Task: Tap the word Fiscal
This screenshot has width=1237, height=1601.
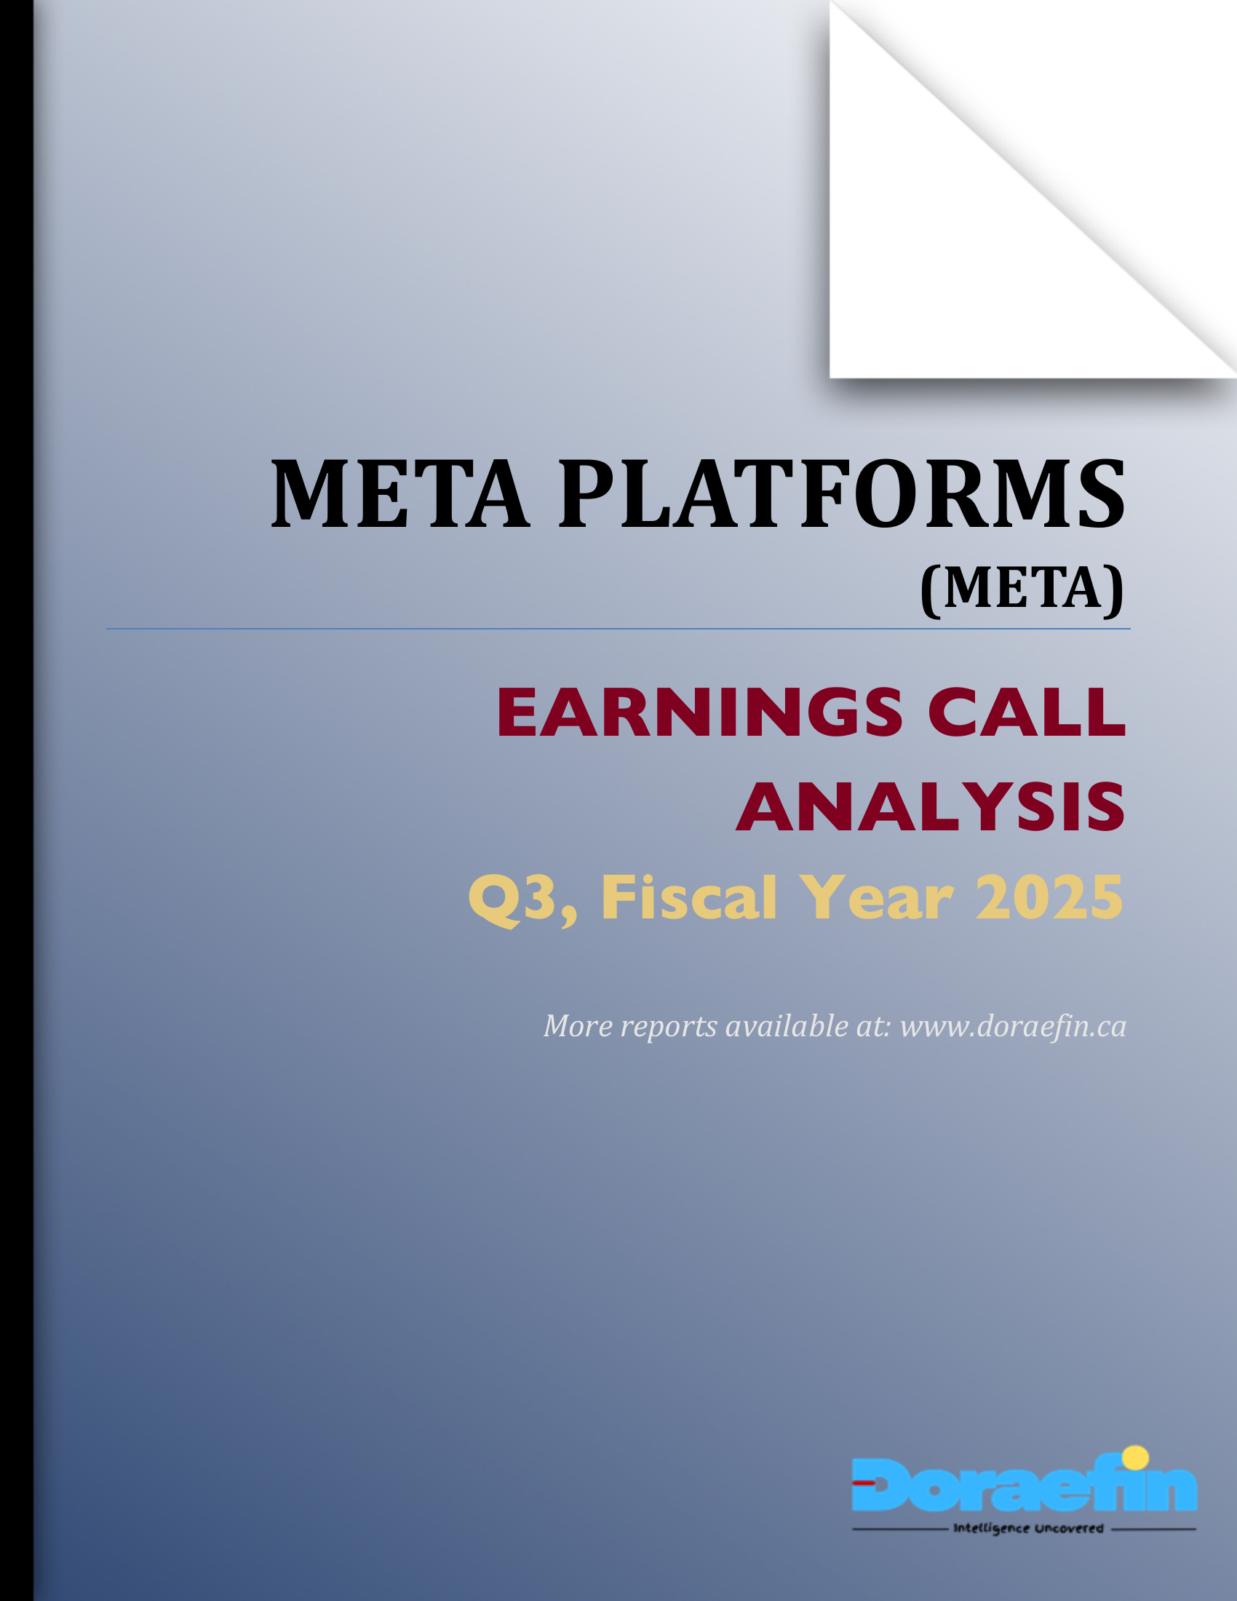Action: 689,897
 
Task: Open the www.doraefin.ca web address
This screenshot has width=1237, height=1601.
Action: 1013,1027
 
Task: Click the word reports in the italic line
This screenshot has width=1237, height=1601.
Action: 668,1027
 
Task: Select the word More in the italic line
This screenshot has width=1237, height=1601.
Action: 578,1027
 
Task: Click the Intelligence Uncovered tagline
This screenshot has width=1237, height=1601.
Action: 1027,1528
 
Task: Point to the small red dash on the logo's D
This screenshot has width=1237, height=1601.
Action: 864,1482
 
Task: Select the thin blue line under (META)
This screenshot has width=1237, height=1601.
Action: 618,629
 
